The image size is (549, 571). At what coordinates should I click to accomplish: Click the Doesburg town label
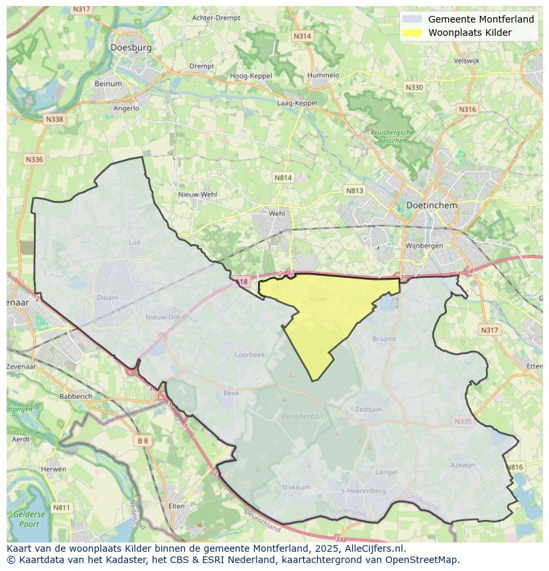click(x=131, y=48)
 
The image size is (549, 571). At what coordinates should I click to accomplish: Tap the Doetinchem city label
click(x=432, y=206)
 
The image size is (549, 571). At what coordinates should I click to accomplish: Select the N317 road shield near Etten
click(x=489, y=330)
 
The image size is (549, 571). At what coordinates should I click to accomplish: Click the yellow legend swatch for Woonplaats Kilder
click(x=412, y=32)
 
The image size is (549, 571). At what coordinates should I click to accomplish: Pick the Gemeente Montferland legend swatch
click(x=412, y=19)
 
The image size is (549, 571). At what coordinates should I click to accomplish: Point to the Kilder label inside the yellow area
click(x=318, y=300)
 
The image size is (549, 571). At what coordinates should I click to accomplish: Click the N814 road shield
click(x=283, y=178)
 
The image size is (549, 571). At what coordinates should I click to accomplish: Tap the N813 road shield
click(x=355, y=190)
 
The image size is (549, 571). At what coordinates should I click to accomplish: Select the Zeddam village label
click(x=369, y=409)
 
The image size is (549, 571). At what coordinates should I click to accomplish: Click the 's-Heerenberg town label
click(x=363, y=491)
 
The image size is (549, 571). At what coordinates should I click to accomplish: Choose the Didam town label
click(x=107, y=298)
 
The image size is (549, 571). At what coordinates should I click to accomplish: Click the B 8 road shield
click(x=143, y=440)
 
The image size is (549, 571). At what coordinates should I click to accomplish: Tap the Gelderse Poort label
click(x=29, y=519)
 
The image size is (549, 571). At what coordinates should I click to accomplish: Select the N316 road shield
click(x=467, y=109)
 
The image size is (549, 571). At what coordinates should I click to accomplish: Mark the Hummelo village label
click(x=323, y=76)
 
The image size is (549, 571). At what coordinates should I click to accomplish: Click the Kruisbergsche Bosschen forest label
click(x=392, y=136)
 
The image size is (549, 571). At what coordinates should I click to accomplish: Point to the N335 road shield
click(x=462, y=421)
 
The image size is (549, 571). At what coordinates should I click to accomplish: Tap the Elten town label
click(x=176, y=506)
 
